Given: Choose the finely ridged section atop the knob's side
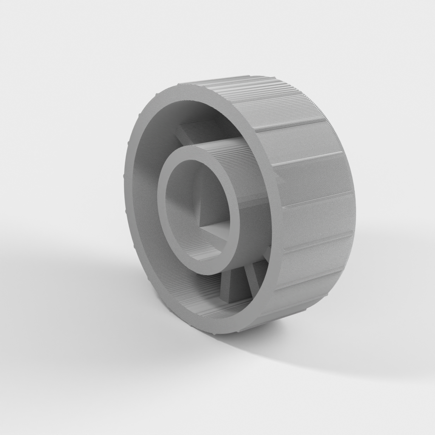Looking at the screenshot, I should coord(238,91).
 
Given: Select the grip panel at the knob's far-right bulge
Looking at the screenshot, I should coord(323,212).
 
